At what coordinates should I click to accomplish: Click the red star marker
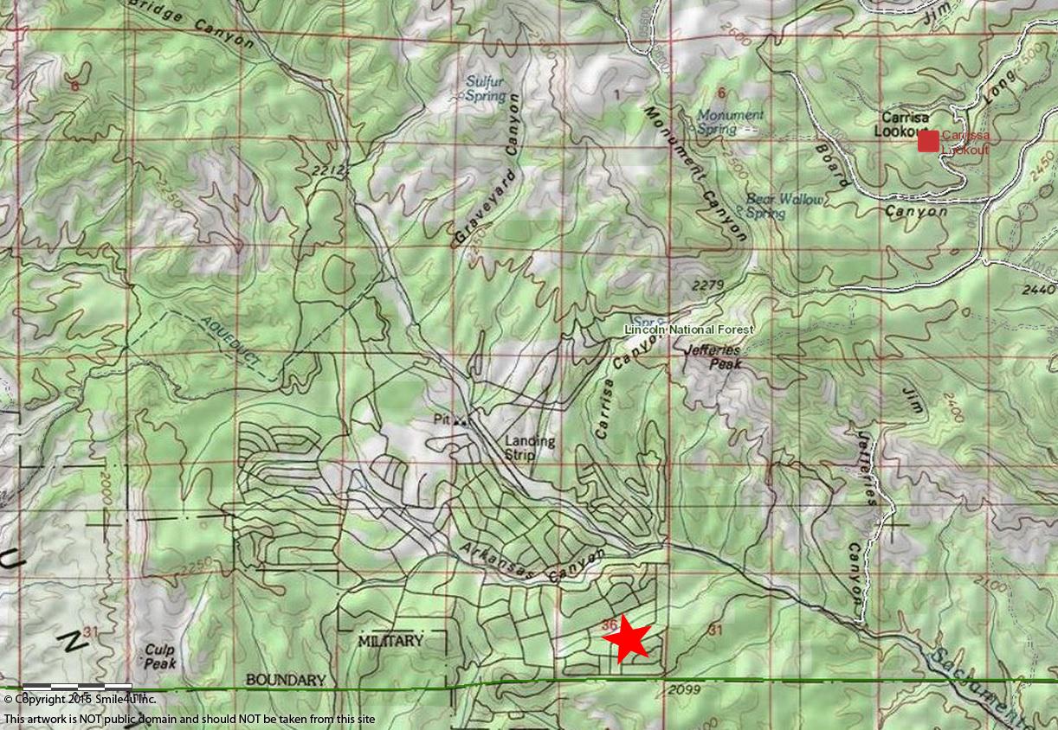[625, 640]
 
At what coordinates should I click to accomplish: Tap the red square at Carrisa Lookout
[928, 141]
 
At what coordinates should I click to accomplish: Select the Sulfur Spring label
[485, 89]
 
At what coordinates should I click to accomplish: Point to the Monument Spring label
[730, 122]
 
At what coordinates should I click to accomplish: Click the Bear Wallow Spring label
[784, 206]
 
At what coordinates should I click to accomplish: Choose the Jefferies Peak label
[712, 358]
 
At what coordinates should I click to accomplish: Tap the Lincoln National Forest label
[689, 330]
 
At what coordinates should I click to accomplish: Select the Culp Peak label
[159, 656]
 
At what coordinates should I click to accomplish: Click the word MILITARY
[390, 641]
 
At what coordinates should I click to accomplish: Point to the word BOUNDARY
[285, 680]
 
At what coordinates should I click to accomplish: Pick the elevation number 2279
[708, 284]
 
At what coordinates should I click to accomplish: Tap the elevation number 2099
[684, 688]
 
